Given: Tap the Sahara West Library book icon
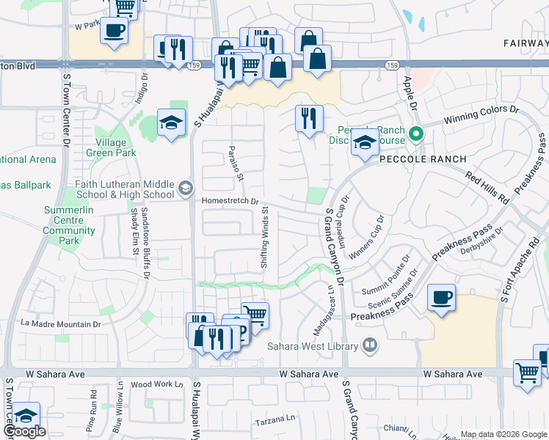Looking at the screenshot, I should pos(371,345).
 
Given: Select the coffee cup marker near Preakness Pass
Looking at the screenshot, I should pos(440,298).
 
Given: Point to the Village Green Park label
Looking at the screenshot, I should pos(111,147).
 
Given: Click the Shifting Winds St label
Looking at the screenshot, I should pos(266,237).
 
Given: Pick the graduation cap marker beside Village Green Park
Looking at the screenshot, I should pos(171,122).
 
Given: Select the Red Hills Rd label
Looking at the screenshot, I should pos(488,188).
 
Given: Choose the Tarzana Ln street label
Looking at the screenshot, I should pos(274,422).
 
